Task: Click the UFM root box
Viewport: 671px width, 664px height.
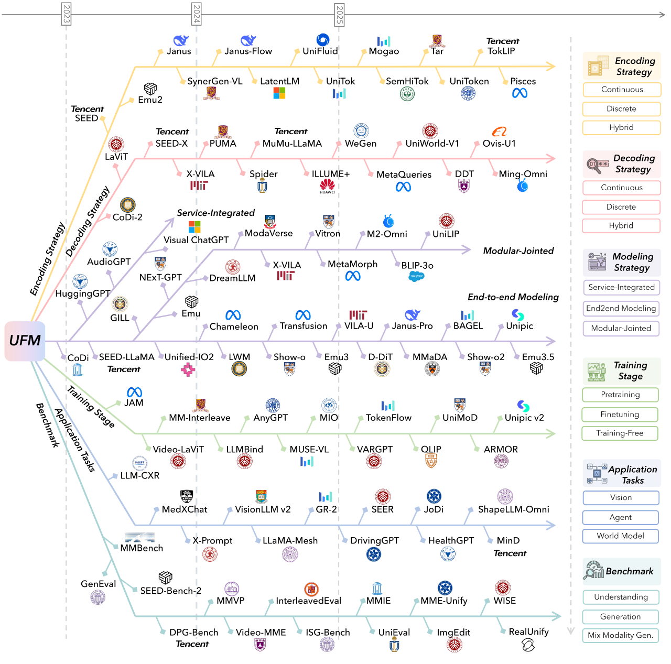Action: [25, 341]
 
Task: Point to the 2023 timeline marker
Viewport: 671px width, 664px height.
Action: [66, 14]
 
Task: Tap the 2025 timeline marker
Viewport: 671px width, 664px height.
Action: [339, 14]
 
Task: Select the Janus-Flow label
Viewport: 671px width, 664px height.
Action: [248, 51]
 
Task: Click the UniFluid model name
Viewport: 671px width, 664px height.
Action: [320, 51]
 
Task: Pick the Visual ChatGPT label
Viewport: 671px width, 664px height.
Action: [196, 240]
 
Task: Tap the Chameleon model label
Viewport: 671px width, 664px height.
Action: [234, 326]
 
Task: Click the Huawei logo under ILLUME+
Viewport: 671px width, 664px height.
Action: [327, 186]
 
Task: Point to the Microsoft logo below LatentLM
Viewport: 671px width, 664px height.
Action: [279, 93]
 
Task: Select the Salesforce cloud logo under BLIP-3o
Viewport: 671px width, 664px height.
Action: [416, 276]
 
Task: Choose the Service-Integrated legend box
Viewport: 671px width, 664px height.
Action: [621, 287]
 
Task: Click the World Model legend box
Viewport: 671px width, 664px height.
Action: [621, 536]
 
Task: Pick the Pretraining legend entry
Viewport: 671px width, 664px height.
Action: [620, 395]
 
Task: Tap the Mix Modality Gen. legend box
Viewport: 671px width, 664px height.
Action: [621, 635]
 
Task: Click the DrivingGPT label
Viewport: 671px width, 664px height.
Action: [374, 541]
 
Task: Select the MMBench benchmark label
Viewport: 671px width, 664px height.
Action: [142, 548]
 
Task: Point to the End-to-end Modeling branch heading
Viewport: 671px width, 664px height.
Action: [513, 297]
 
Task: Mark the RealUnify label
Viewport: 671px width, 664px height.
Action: [528, 632]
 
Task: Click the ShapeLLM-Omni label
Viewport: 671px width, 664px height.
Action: [513, 509]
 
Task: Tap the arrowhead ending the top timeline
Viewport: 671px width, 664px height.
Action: [663, 15]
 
